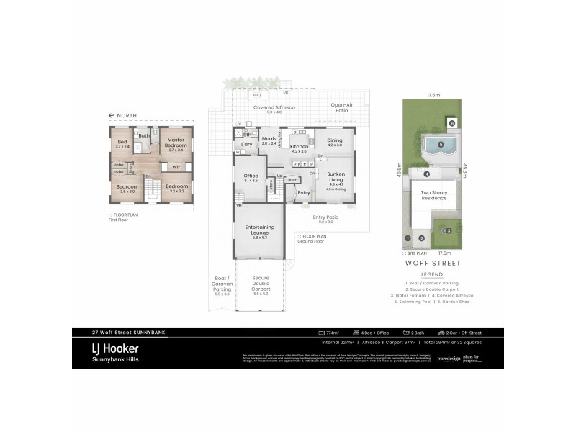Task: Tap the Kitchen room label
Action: pos(299,147)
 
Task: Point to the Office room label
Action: pos(251,177)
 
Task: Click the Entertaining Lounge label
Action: pos(260,231)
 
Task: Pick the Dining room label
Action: pos(335,140)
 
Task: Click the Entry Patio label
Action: pos(326,218)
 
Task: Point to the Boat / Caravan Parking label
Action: pos(222,283)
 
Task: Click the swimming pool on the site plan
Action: pos(439,146)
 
